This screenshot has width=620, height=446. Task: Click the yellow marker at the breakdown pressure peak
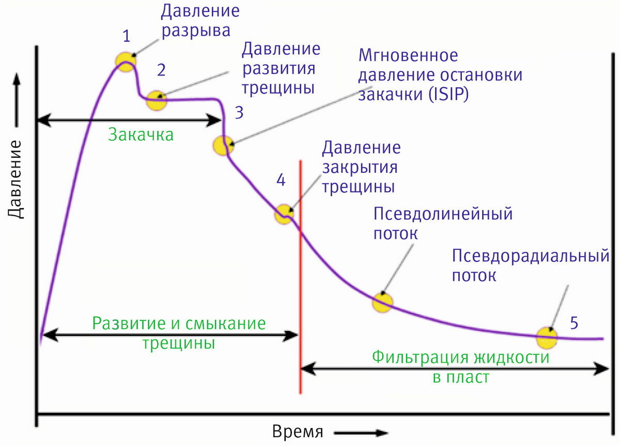click(125, 62)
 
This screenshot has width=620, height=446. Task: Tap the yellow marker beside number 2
click(157, 100)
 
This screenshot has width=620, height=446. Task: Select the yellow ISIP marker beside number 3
click(223, 145)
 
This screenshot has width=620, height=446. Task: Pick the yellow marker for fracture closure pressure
click(284, 213)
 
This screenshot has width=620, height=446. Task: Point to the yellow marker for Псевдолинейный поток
click(383, 302)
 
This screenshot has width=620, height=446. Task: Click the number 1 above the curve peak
click(127, 36)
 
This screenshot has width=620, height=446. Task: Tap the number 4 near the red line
click(281, 180)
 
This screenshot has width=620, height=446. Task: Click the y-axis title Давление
click(17, 179)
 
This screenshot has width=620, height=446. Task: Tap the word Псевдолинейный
click(443, 214)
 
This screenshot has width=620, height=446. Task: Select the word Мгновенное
click(408, 55)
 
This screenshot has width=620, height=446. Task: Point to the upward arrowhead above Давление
click(17, 79)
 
